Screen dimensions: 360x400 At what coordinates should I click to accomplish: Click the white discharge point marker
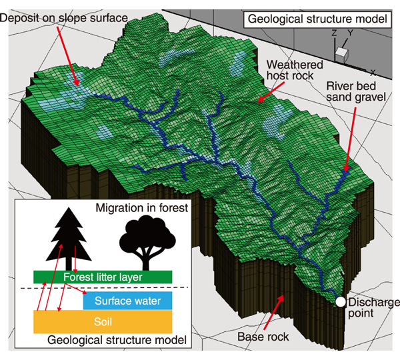(340, 302)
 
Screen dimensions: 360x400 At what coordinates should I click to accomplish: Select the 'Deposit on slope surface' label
(63, 18)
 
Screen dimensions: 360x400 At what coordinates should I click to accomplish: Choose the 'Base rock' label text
(263, 337)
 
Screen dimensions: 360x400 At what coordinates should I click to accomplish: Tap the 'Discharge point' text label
(371, 307)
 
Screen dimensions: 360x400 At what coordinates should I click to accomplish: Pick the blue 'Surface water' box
(127, 301)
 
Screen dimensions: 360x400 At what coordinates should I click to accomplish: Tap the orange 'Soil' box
(103, 322)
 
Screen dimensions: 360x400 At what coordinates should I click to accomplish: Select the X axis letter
(373, 72)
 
